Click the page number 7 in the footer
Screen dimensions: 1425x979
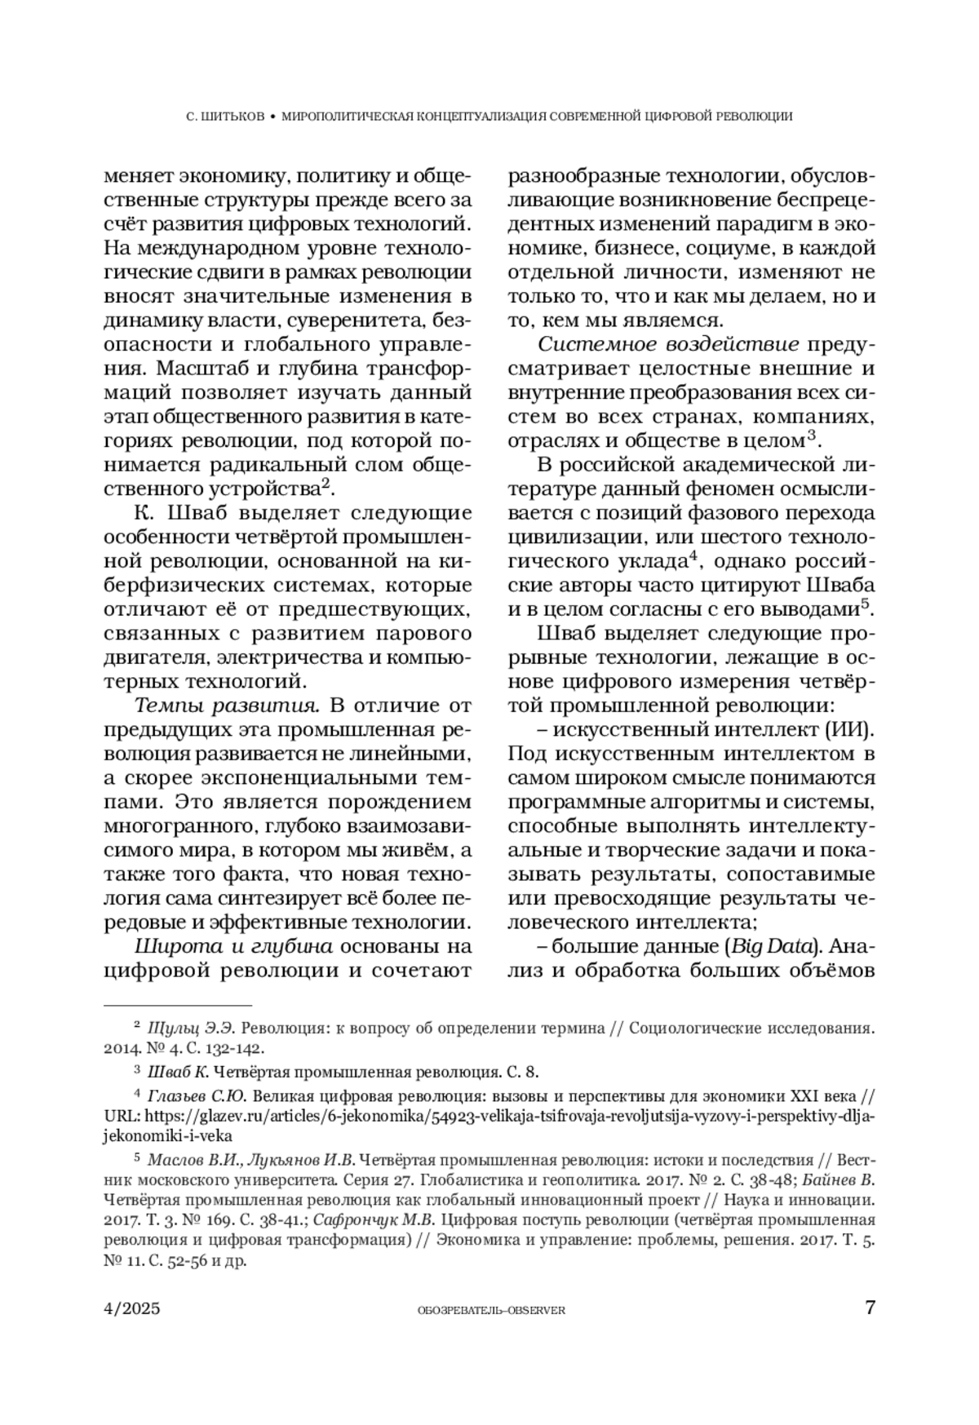(x=870, y=1308)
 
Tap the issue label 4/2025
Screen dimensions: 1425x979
(x=132, y=1308)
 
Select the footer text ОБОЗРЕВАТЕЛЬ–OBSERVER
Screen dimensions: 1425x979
(x=490, y=1310)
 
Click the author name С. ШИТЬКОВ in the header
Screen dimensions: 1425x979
(x=225, y=117)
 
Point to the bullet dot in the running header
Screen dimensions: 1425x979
(x=272, y=117)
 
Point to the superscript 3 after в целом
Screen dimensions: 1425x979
(x=813, y=436)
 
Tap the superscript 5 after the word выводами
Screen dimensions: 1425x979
(x=866, y=604)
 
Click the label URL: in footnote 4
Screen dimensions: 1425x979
(x=120, y=1114)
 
